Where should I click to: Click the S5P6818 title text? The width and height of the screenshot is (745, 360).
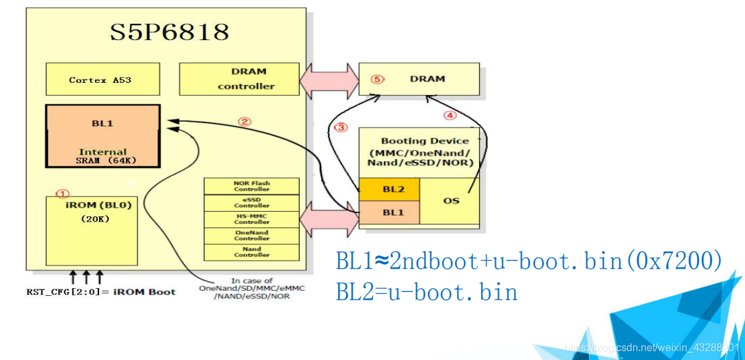click(x=169, y=32)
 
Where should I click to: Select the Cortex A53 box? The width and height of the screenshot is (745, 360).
click(x=102, y=79)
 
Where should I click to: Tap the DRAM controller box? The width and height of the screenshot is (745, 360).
click(x=239, y=79)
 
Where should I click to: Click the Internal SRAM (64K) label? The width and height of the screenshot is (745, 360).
click(x=102, y=156)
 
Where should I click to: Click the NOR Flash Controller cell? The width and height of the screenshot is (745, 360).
click(x=251, y=186)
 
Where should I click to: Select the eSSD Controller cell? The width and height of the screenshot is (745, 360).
click(x=251, y=203)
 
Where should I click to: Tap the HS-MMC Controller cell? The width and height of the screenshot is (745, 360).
click(x=251, y=219)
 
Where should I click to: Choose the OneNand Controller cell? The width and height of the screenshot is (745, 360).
click(x=251, y=236)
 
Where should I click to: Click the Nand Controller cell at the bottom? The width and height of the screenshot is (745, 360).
click(x=251, y=252)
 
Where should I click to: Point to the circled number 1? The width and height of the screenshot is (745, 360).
click(x=62, y=193)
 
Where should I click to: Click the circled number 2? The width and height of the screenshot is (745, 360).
click(x=244, y=121)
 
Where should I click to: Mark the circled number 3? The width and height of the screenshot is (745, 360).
click(x=341, y=128)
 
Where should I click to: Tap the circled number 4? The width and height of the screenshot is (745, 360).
click(x=450, y=116)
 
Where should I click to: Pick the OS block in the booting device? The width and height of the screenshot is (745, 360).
click(x=450, y=201)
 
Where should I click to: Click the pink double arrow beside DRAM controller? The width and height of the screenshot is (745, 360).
click(x=329, y=79)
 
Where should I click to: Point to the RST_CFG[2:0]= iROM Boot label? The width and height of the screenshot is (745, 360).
click(x=100, y=291)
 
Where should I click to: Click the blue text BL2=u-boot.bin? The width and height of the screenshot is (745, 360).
click(x=427, y=292)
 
